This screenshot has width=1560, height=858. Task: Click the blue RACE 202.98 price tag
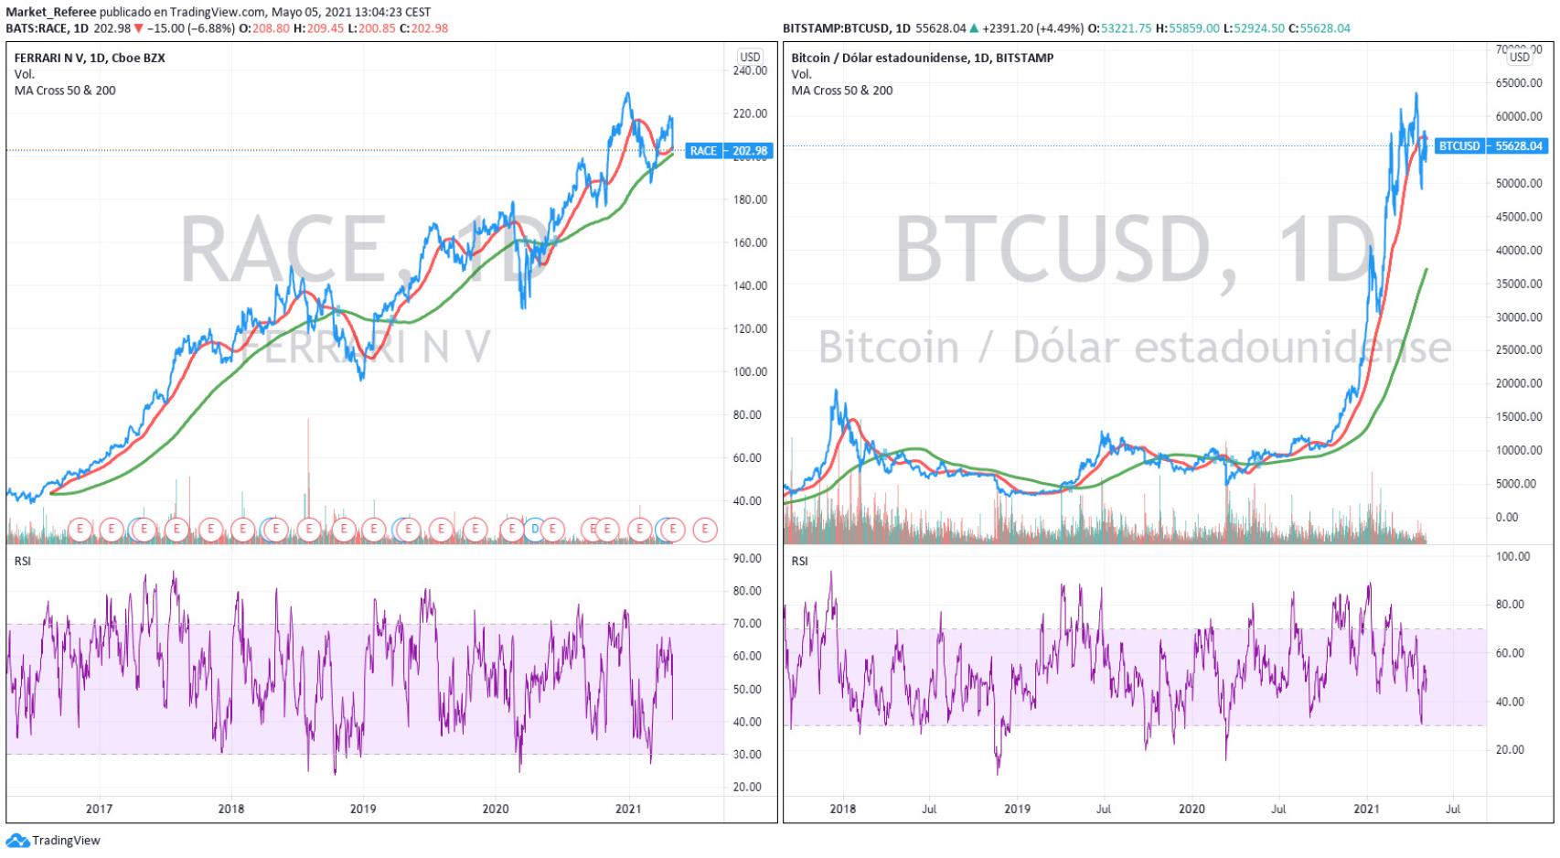(728, 151)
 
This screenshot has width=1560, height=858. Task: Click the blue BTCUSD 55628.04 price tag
(1490, 146)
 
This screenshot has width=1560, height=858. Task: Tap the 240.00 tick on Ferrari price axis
(750, 70)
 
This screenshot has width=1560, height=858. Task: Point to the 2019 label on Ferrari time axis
(363, 809)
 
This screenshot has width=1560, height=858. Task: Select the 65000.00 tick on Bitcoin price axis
(1519, 83)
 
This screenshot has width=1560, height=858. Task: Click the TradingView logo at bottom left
(54, 841)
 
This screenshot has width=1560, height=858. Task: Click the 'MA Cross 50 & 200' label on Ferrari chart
(65, 91)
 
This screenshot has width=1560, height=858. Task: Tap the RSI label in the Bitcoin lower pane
(799, 561)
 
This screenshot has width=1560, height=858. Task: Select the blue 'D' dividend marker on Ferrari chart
(536, 529)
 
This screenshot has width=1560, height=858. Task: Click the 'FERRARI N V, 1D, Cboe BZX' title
(90, 58)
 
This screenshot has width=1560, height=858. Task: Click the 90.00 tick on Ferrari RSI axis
(748, 559)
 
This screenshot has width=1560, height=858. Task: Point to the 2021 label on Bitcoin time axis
(1365, 809)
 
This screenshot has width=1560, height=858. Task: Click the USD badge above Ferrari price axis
(750, 57)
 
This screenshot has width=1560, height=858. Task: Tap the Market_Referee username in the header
(50, 12)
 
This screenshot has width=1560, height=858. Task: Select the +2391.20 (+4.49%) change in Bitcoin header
(1032, 28)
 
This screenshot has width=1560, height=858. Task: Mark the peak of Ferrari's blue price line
(627, 93)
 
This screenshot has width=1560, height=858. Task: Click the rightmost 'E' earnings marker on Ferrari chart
(705, 529)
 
